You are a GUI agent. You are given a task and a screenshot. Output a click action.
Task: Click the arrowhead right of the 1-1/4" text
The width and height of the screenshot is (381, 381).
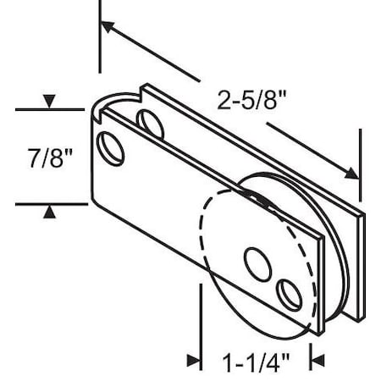317,360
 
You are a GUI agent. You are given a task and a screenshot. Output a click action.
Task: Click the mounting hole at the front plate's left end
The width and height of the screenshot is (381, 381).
110,147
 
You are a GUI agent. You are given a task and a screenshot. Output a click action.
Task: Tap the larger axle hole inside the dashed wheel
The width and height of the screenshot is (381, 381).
256,263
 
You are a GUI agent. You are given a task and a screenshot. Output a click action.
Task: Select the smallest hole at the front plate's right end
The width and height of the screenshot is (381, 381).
289,294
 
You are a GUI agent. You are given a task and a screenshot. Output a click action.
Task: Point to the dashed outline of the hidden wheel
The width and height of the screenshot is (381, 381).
206,237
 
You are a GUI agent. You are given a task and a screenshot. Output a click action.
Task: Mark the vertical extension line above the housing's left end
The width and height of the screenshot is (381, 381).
100,42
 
